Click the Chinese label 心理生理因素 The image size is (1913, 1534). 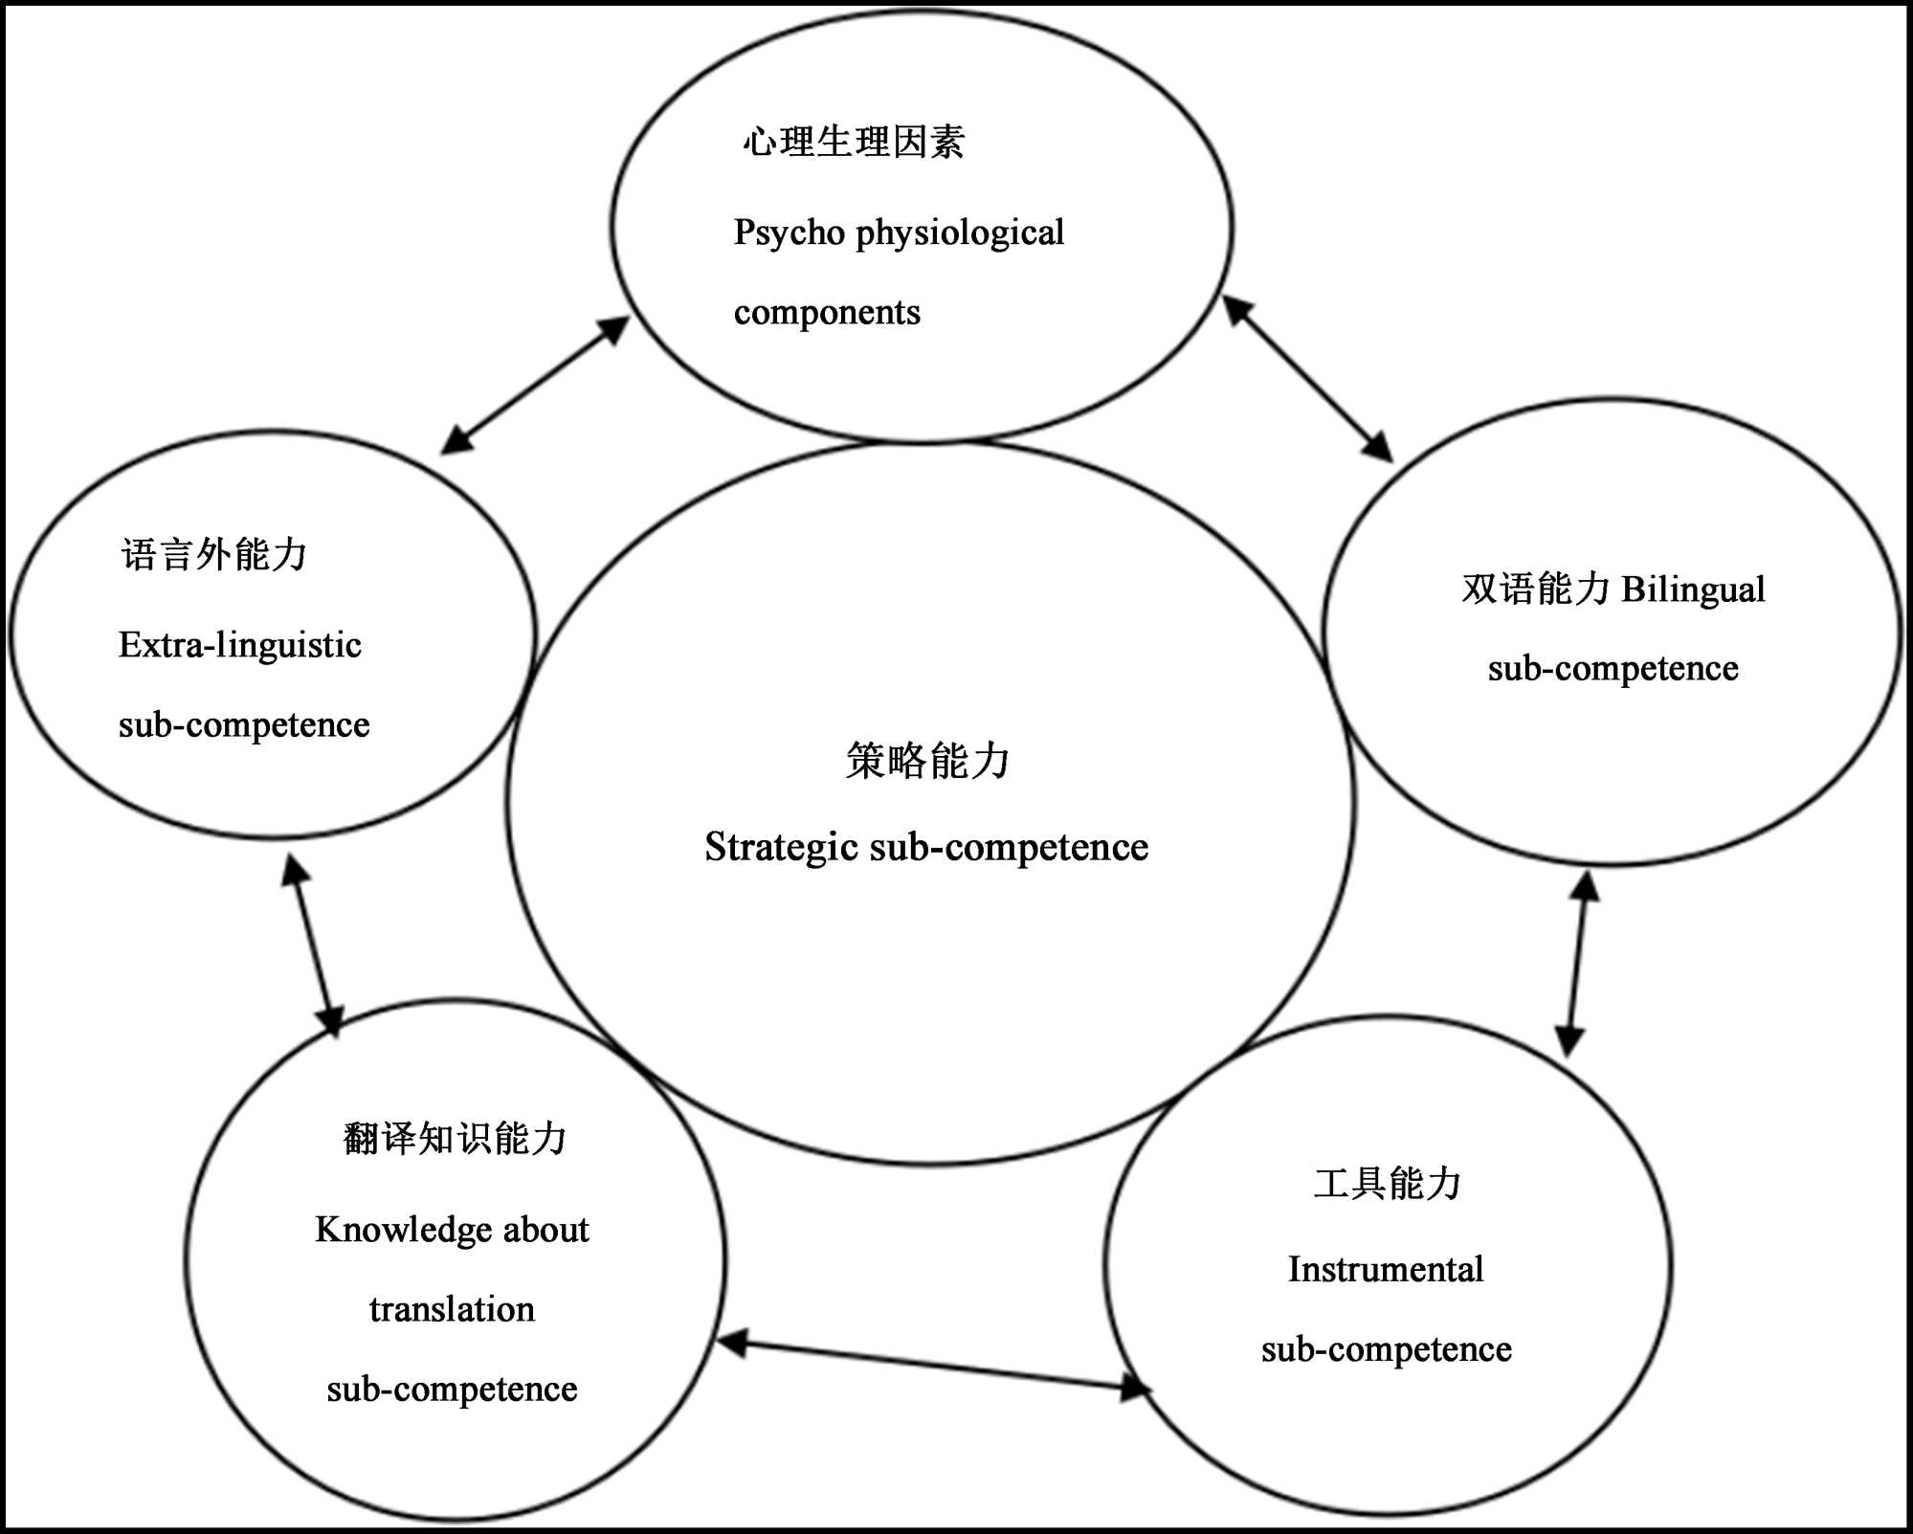854,143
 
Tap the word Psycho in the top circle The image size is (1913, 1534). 789,233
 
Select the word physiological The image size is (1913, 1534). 960,233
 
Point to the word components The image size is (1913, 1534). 827,312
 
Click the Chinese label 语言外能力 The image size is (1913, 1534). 213,555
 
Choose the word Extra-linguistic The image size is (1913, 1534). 239,645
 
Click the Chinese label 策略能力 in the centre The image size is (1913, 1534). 927,761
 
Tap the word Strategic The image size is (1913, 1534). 781,848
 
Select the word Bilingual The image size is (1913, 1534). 1693,589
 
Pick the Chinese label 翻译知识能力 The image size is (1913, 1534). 455,1139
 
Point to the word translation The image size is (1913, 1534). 452,1309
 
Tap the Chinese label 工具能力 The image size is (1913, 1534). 1387,1184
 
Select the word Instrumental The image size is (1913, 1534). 1386,1270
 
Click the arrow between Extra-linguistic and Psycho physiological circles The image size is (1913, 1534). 535,385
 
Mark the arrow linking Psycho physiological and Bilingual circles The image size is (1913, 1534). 1307,379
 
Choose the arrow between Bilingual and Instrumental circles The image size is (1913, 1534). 1577,964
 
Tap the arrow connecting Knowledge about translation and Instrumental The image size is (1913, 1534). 934,1367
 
